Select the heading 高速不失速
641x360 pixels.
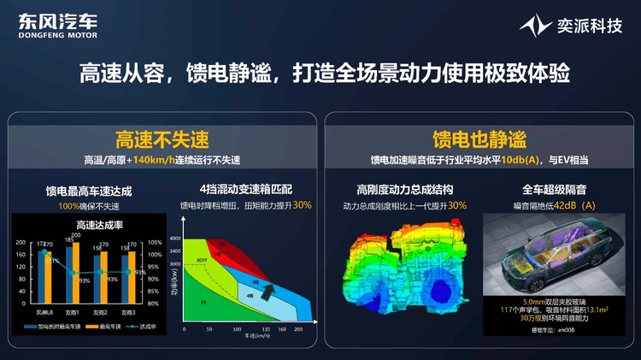pos(162,139)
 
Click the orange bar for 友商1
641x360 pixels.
pos(76,273)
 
